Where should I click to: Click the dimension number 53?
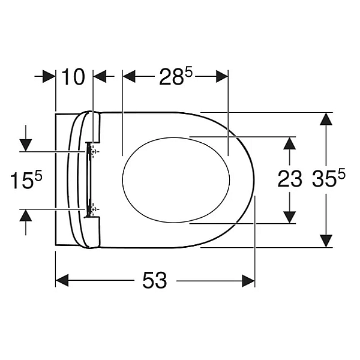pos(155,280)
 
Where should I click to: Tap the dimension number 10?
pos(73,77)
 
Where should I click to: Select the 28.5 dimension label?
pos(176,76)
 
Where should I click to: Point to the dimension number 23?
pos(290,179)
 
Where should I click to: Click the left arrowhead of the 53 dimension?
pos(62,280)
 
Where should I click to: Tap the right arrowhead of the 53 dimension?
pos(248,280)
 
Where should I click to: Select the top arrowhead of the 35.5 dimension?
pos(326,119)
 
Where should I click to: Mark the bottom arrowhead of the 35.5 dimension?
pos(326,241)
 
